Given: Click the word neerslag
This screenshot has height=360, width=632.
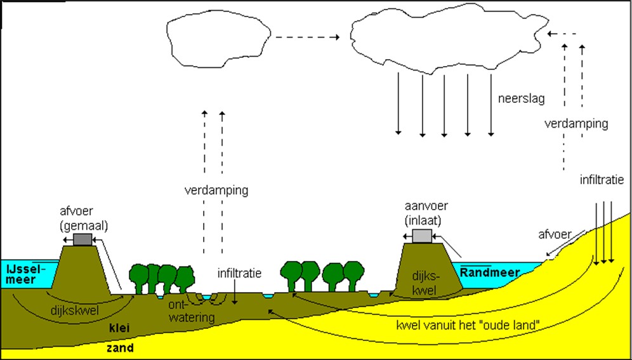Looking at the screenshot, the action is pos(521,99).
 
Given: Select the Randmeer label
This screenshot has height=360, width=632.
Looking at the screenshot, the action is pos(490,272).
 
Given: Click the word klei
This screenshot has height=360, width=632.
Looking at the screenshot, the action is pos(119,328).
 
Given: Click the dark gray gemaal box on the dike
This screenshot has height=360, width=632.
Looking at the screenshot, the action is pos(83,239).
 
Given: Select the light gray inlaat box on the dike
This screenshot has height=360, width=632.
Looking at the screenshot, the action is pos(422,236).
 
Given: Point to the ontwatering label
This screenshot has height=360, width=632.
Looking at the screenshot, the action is pos(192,311).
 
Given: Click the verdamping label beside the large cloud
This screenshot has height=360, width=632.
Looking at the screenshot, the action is pos(576,124).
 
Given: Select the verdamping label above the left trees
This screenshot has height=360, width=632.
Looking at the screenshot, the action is pos(216,190).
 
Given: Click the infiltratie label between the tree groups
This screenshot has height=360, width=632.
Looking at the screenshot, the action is pos(240,274).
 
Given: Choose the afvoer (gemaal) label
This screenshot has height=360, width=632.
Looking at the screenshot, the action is pos(83,219).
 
